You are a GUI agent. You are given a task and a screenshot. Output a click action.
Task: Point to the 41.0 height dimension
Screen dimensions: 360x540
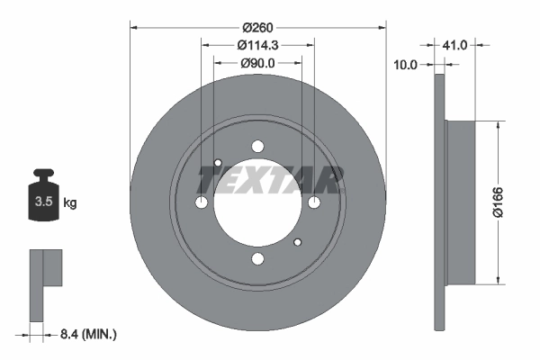click(x=456, y=43)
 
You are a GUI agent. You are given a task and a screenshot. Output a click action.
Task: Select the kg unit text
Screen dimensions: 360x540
click(x=70, y=203)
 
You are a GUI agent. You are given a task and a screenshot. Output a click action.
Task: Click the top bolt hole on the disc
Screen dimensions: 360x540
click(x=258, y=148)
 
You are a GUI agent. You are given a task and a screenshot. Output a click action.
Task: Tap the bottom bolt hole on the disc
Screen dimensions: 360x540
click(x=258, y=260)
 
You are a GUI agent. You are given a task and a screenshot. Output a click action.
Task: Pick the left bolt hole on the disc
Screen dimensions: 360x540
click(x=202, y=203)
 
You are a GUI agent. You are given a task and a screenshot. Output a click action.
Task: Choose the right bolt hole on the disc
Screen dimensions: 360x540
click(x=314, y=203)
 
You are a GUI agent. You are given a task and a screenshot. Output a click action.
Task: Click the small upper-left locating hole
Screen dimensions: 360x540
click(x=218, y=163)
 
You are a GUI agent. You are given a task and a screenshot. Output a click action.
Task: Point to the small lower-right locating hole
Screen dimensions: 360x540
click(x=298, y=242)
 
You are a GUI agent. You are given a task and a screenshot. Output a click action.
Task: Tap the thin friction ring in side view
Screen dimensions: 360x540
click(x=439, y=202)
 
